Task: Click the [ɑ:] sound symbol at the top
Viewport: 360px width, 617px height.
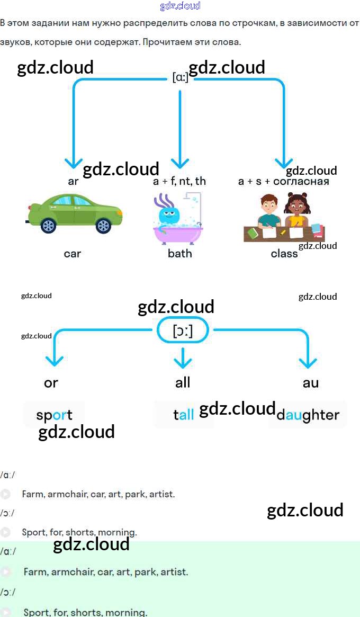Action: coord(180,77)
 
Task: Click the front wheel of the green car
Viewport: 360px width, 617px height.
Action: coord(103,226)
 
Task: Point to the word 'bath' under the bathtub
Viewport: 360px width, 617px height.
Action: coord(180,253)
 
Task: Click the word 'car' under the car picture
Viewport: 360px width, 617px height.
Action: coord(73,253)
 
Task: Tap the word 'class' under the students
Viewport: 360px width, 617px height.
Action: coord(284,253)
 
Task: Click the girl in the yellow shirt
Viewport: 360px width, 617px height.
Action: coord(296,211)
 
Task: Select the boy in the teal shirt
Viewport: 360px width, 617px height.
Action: coord(269,211)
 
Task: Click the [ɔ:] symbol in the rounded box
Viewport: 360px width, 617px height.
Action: coord(183,331)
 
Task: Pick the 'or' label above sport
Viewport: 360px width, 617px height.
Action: coord(51,382)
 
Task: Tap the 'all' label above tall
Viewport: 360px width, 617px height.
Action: coord(183,382)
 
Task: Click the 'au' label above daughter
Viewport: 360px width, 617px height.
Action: coord(311,382)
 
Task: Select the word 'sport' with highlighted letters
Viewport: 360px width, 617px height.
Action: coord(54,415)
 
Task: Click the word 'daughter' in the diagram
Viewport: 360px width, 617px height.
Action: coord(308,415)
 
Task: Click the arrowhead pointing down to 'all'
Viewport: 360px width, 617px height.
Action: coord(183,362)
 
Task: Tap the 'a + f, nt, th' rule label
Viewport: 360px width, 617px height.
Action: coord(179,181)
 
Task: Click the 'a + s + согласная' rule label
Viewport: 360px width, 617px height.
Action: coord(284,181)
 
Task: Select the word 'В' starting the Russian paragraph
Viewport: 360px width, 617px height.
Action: coord(3,23)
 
